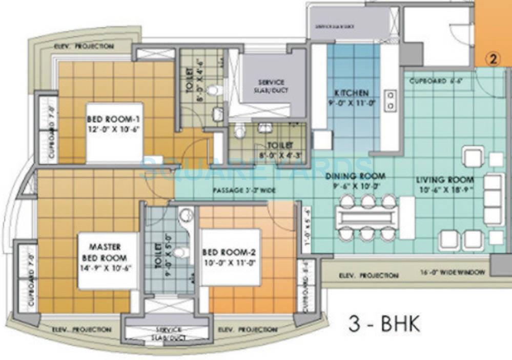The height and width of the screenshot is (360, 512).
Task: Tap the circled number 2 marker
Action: [493, 59]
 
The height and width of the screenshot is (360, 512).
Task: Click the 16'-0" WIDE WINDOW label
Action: [452, 272]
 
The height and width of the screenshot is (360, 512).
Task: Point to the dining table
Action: [367, 217]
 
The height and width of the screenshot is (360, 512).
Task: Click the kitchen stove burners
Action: [391, 101]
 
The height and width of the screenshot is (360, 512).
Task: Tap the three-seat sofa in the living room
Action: [494, 199]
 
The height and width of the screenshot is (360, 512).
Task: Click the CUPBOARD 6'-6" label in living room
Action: [429, 81]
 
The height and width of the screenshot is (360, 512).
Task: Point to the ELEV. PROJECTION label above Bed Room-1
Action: [84, 46]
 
